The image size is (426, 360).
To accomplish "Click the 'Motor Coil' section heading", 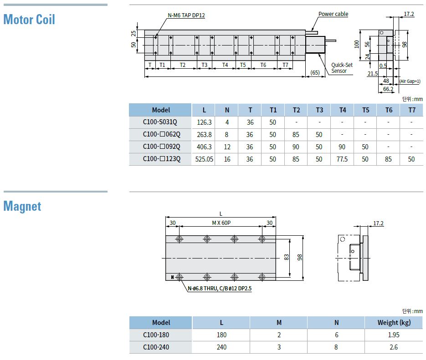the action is pyautogui.click(x=29, y=20).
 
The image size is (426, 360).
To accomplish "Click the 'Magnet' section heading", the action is pyautogui.click(x=22, y=207).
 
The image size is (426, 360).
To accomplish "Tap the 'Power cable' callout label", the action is pyautogui.click(x=333, y=14).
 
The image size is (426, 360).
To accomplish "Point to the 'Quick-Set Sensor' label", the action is pyautogui.click(x=342, y=68).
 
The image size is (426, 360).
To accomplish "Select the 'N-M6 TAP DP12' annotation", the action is pyautogui.click(x=186, y=15).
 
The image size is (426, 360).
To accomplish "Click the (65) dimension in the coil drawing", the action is pyautogui.click(x=315, y=72).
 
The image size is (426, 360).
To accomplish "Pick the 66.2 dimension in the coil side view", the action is pyautogui.click(x=388, y=89).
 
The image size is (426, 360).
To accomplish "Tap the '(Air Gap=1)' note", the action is pyautogui.click(x=410, y=81).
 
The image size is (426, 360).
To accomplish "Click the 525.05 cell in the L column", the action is pyautogui.click(x=204, y=159).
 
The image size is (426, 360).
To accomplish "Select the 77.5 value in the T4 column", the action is pyautogui.click(x=342, y=159).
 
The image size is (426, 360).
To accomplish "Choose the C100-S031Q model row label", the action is pyautogui.click(x=160, y=122).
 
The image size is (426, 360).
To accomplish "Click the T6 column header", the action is pyautogui.click(x=389, y=110).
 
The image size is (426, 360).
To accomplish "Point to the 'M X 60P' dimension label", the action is pyautogui.click(x=221, y=223).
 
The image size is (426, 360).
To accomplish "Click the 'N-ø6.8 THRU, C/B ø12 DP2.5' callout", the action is pyautogui.click(x=220, y=289).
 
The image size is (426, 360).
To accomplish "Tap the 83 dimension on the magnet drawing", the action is pyautogui.click(x=287, y=257).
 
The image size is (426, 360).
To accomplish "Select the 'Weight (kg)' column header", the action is pyautogui.click(x=394, y=323).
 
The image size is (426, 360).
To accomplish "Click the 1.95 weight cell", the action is pyautogui.click(x=394, y=335).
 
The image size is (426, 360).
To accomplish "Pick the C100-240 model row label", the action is pyautogui.click(x=156, y=347).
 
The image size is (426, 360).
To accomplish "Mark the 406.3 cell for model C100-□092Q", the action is pyautogui.click(x=204, y=147).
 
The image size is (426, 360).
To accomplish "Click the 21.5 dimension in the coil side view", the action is pyautogui.click(x=373, y=74).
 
